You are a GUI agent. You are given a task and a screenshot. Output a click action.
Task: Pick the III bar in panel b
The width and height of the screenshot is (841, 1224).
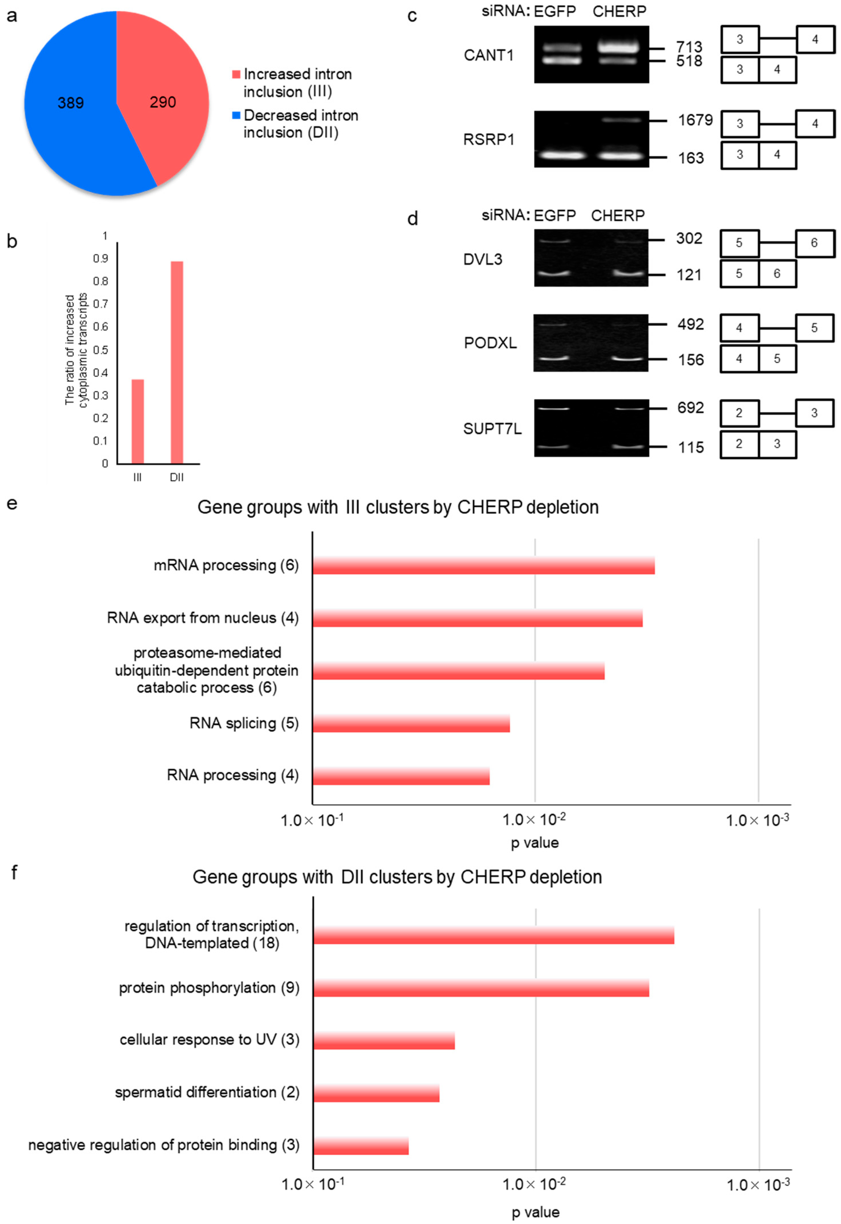(x=137, y=421)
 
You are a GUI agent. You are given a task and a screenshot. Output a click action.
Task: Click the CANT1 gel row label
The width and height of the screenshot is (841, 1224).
(x=488, y=55)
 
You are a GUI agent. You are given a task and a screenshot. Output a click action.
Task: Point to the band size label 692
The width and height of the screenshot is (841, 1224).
(x=690, y=408)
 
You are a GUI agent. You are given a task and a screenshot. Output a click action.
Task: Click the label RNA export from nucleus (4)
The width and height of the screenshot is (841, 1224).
(x=202, y=618)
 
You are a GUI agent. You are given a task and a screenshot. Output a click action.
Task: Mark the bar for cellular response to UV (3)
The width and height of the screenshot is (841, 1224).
(x=384, y=1040)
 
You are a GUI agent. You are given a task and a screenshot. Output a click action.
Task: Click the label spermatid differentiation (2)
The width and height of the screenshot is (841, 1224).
(x=207, y=1092)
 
